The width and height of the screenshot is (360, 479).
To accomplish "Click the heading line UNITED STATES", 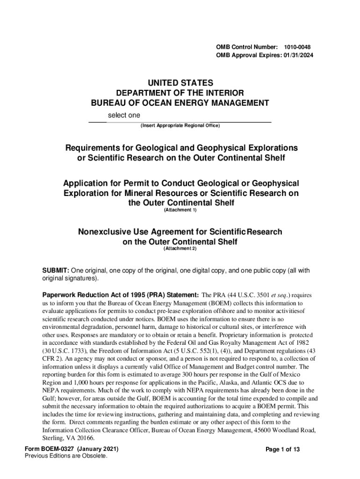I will click(180, 83).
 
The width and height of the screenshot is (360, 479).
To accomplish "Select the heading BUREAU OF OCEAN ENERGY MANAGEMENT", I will click(180, 103).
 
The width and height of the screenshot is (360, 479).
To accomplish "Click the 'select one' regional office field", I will click(124, 115).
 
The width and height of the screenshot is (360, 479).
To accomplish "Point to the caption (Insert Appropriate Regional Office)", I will click(180, 126).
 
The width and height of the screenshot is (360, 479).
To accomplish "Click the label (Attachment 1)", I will click(180, 210).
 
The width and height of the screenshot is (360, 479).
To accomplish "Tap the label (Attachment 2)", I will click(180, 248).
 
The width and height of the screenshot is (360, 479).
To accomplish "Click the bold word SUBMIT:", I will click(56, 271).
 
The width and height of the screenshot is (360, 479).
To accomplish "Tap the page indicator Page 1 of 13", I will click(282, 450).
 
